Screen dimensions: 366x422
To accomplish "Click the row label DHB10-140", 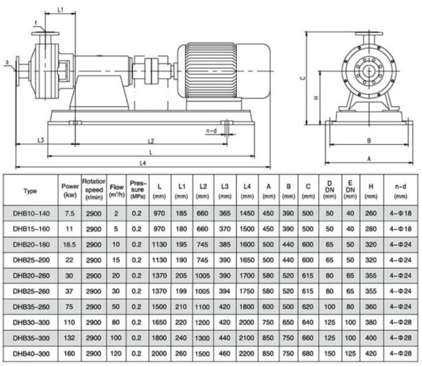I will coord(30,213).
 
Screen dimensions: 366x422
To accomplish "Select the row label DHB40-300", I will coord(30,351).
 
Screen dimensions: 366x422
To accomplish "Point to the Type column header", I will coord(30,191).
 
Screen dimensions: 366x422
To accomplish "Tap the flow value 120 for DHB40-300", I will coord(117,351).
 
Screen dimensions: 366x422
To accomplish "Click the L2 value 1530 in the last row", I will coord(202,351).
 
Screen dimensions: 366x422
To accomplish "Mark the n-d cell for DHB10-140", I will coord(399,213).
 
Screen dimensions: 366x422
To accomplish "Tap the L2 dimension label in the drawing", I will coord(151,140).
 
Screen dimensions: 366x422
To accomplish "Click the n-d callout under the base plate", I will coord(212,130).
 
